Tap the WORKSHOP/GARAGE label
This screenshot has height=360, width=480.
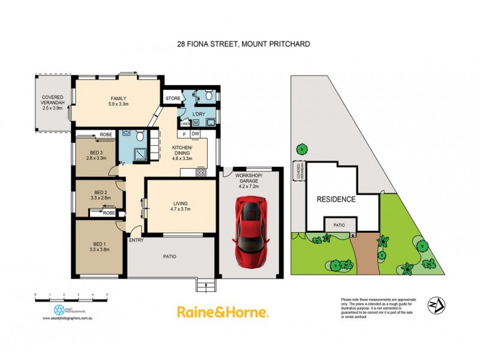pyautogui.click(x=248, y=175)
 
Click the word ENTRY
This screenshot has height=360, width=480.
pyautogui.click(x=136, y=241)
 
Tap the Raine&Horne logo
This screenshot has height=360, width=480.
pyautogui.click(x=223, y=312)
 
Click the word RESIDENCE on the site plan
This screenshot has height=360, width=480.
pyautogui.click(x=336, y=199)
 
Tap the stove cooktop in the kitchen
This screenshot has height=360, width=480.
pyautogui.click(x=202, y=172)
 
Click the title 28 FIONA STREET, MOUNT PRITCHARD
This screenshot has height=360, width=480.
pyautogui.click(x=240, y=43)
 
